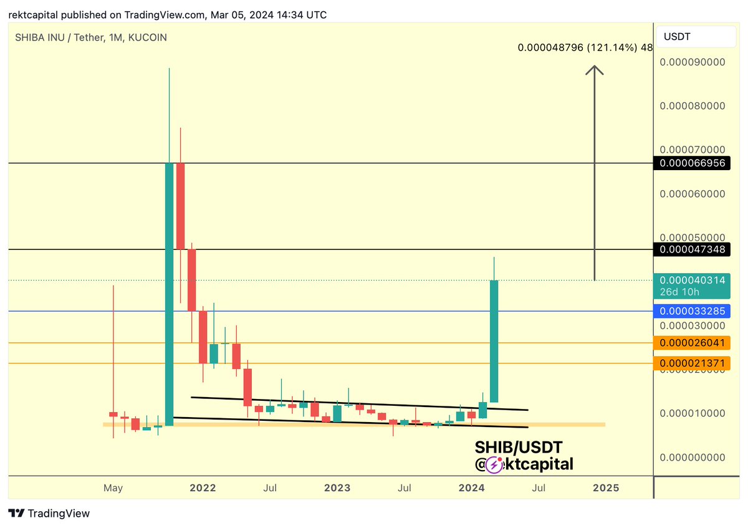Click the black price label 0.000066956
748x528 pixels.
692,163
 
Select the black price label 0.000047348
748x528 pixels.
692,250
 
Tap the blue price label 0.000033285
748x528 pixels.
692,311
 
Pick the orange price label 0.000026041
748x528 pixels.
692,343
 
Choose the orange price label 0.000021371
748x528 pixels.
692,363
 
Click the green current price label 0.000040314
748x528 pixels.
692,281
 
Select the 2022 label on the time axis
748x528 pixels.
203,487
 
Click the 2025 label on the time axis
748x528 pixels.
606,487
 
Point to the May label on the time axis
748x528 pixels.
113,487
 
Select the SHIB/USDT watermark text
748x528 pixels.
519,447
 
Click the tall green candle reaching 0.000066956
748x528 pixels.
169,293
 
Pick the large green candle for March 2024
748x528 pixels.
494,341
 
